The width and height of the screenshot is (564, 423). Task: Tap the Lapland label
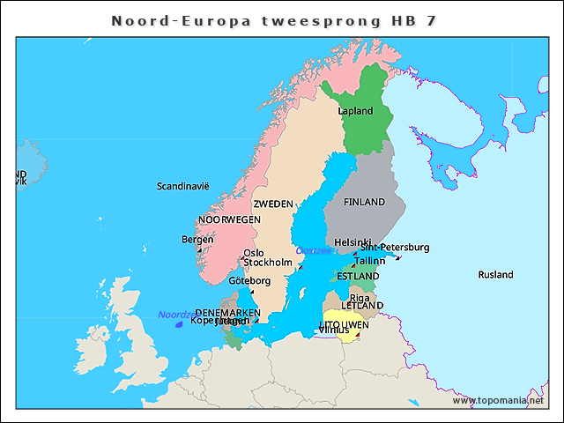[356, 111]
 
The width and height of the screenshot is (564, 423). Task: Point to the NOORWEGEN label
[229, 219]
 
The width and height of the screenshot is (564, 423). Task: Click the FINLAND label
[364, 202]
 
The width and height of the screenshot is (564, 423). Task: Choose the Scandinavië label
[182, 186]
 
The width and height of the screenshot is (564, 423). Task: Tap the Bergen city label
[197, 239]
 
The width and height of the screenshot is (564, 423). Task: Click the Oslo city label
[253, 253]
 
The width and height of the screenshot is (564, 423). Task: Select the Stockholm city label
[267, 263]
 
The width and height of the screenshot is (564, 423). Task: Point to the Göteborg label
[249, 281]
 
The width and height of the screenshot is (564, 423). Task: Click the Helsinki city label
[352, 242]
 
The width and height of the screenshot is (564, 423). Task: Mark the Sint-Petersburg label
[395, 248]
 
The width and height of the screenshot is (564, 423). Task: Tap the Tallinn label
[369, 261]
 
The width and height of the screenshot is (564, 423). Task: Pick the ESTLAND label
[358, 277]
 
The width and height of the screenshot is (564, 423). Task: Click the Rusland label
[495, 275]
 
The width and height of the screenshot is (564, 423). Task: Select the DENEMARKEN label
[227, 313]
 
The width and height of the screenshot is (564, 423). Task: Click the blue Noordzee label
[173, 315]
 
